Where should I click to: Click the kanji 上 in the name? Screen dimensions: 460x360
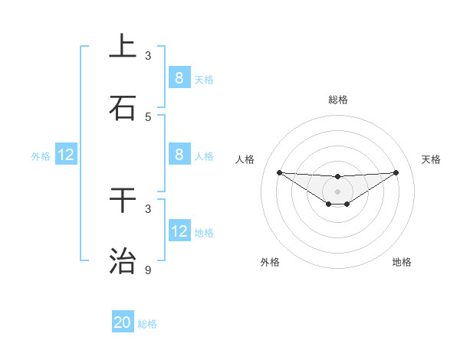click(x=123, y=47)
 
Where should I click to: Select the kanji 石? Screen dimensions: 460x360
click(x=123, y=108)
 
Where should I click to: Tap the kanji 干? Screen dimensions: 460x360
click(x=123, y=200)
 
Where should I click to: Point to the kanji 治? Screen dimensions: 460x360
click(x=123, y=261)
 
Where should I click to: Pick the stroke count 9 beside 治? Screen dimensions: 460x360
click(x=148, y=270)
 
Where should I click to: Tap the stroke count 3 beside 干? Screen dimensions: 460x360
click(x=148, y=208)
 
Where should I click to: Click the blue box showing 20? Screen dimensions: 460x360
click(x=123, y=322)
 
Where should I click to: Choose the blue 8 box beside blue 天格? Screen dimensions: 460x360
click(x=179, y=77)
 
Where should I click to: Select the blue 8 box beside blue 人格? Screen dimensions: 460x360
click(x=179, y=154)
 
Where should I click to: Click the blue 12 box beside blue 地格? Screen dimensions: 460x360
click(x=179, y=231)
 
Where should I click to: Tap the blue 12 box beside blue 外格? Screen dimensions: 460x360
click(x=66, y=155)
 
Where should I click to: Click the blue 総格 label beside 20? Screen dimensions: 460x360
click(x=147, y=324)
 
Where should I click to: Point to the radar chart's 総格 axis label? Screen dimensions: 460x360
click(x=337, y=100)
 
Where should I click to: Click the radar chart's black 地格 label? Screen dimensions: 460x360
click(x=402, y=262)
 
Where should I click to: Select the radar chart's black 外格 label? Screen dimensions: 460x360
click(x=270, y=262)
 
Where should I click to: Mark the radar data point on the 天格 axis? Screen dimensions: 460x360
click(x=396, y=172)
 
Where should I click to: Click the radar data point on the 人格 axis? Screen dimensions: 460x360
click(x=279, y=172)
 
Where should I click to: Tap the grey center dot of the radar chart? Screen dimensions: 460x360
click(x=337, y=191)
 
